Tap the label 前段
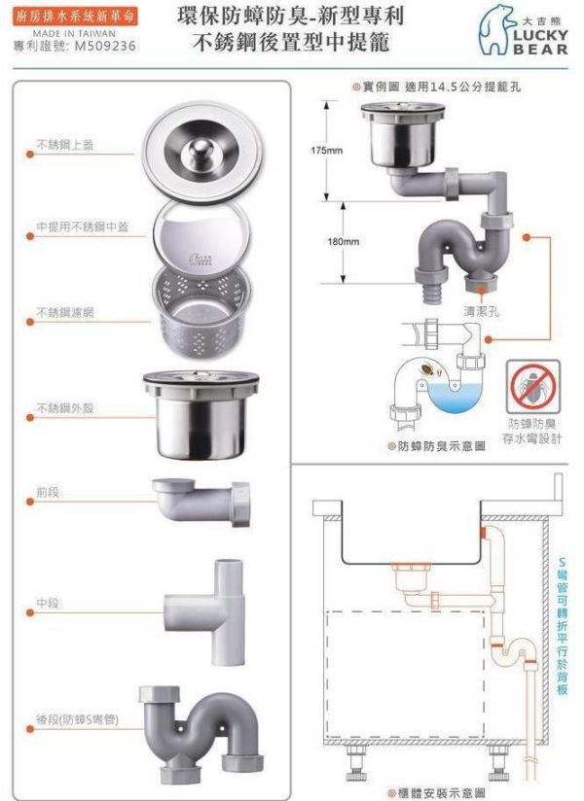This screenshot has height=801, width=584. pos(47,494)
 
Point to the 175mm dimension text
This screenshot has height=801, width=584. pos(327,151)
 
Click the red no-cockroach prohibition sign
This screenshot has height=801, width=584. pos(532,387)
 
